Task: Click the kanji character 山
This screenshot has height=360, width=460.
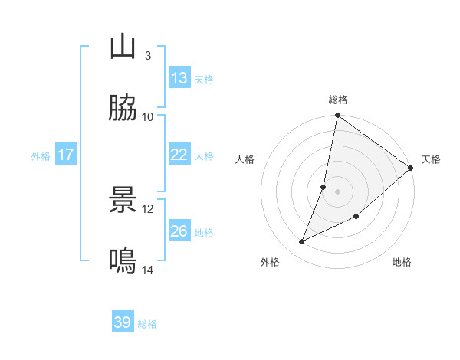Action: (x=123, y=47)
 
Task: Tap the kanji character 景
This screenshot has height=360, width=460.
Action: (x=123, y=201)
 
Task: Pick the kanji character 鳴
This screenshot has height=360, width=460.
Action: (x=123, y=261)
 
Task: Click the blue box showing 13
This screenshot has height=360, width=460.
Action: (x=179, y=78)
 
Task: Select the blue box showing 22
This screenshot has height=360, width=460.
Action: (x=179, y=155)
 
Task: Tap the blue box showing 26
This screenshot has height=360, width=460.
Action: (x=179, y=231)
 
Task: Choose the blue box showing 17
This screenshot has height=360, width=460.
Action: (x=66, y=155)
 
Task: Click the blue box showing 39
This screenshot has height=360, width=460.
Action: (x=123, y=322)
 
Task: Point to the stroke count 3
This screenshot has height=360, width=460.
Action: (x=148, y=56)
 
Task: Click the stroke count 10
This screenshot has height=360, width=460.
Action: (x=148, y=117)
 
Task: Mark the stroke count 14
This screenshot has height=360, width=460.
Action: (x=148, y=270)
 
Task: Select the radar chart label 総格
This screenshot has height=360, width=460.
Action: (x=338, y=100)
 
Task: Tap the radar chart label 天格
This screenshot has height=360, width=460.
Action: (x=431, y=159)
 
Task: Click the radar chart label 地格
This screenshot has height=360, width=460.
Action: (x=402, y=262)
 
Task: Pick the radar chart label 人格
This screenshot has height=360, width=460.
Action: (x=245, y=159)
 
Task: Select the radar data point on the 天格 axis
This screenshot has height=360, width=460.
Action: (x=411, y=168)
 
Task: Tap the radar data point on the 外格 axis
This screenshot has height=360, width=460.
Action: (x=302, y=242)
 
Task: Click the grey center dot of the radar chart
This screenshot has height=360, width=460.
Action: (x=338, y=191)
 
